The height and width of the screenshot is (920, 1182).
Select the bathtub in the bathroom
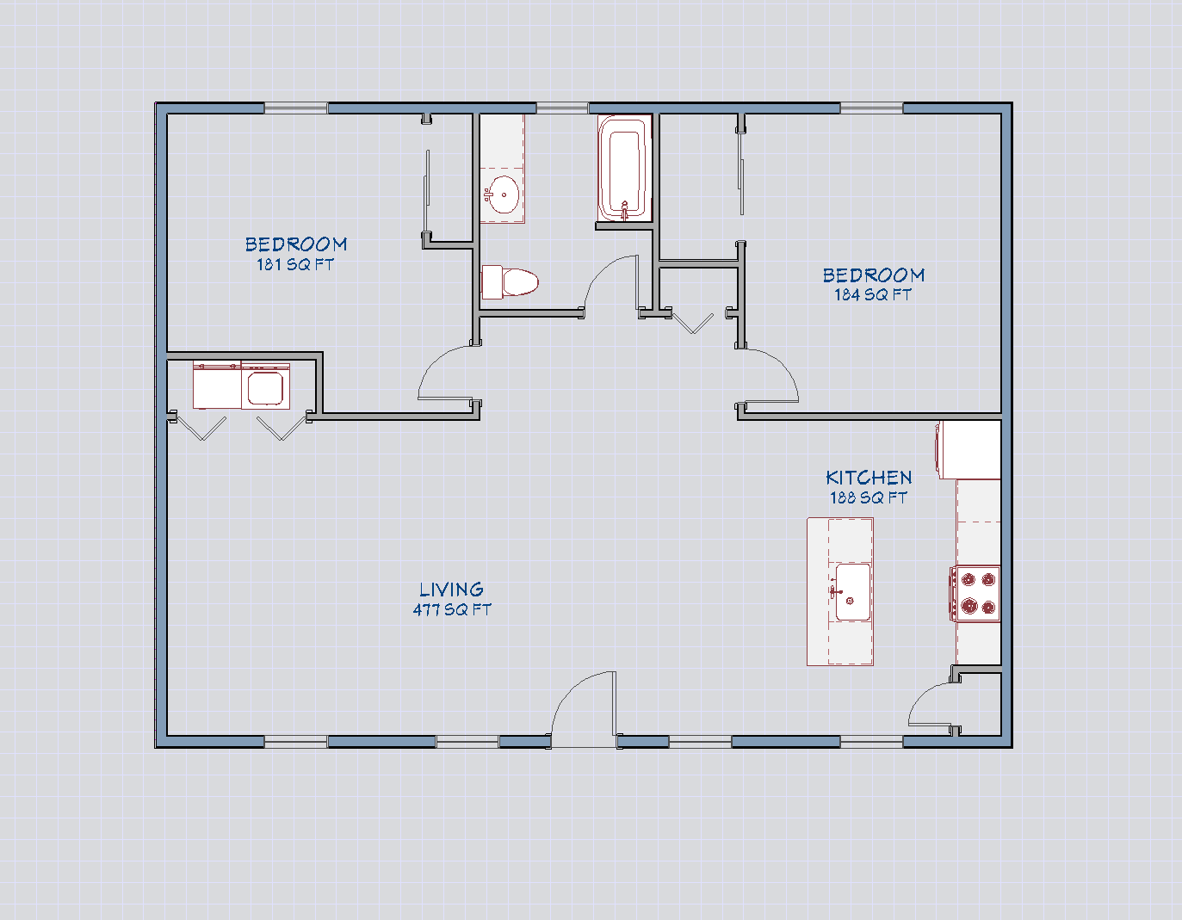pyautogui.click(x=623, y=169)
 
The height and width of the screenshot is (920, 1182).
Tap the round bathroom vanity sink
pyautogui.click(x=502, y=194)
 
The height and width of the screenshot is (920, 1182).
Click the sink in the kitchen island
pyautogui.click(x=852, y=592)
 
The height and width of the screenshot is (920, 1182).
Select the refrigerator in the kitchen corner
pyautogui.click(x=969, y=449)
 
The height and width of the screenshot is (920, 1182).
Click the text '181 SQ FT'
pyautogui.click(x=294, y=265)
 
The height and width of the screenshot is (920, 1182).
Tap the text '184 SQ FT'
pyautogui.click(x=872, y=295)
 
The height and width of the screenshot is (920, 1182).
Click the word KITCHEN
pyautogui.click(x=869, y=478)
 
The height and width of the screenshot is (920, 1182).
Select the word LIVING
pyautogui.click(x=451, y=590)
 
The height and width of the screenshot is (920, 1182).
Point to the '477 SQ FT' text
pyautogui.click(x=451, y=610)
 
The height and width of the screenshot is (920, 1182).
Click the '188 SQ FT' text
pyautogui.click(x=868, y=498)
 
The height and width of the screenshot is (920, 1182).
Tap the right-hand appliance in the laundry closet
pyautogui.click(x=266, y=386)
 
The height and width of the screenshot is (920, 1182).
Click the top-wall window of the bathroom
pyautogui.click(x=562, y=108)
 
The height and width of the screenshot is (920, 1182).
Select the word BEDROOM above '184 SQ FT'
pyautogui.click(x=873, y=275)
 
